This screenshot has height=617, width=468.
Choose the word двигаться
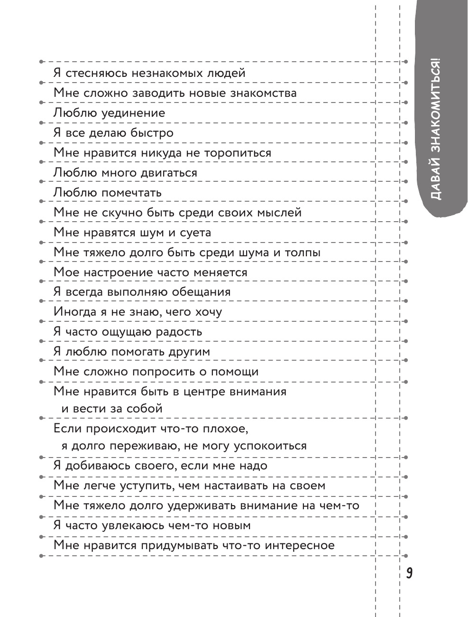pyautogui.click(x=168, y=173)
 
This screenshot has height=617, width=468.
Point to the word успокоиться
pyautogui.click(x=266, y=446)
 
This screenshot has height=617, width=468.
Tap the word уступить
pyautogui.click(x=133, y=486)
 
